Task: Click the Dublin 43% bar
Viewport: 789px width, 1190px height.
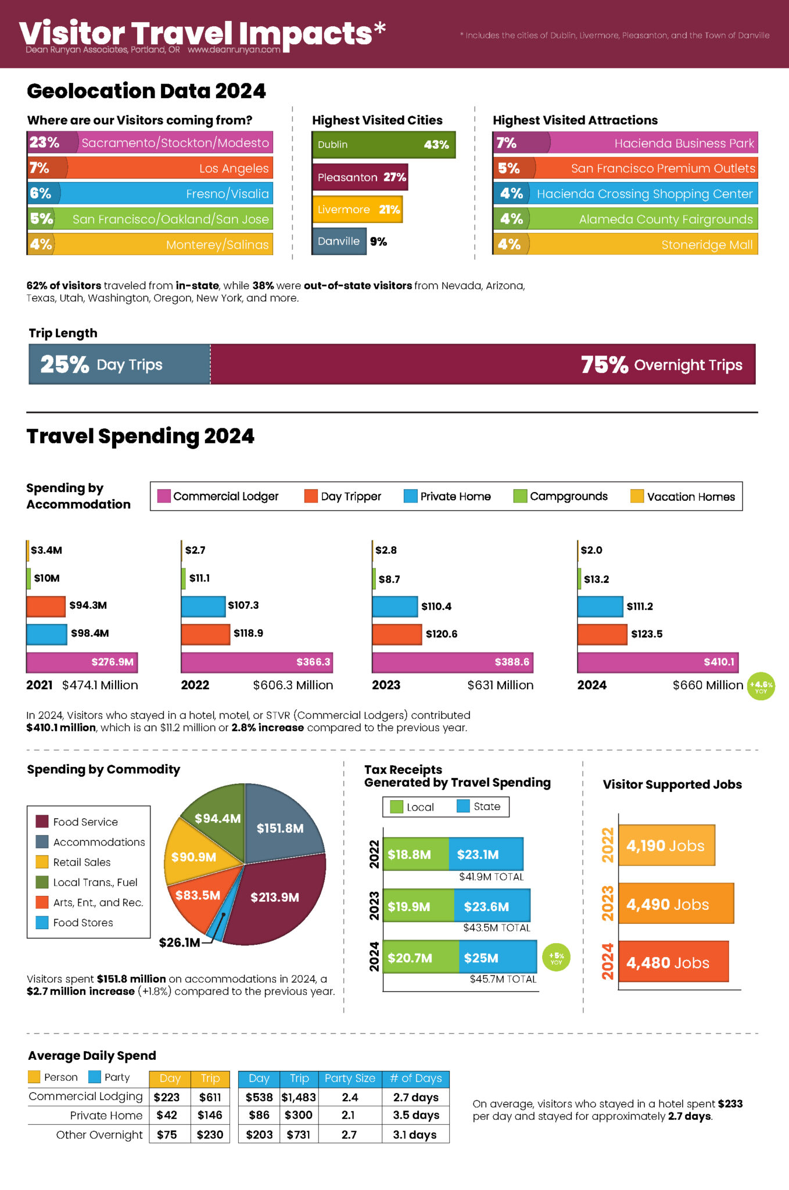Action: (x=383, y=145)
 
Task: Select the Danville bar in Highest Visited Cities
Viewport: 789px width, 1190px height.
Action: (x=339, y=241)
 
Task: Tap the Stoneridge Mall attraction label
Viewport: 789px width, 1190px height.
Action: (x=706, y=245)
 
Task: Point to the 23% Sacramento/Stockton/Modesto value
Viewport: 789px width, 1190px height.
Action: (x=45, y=142)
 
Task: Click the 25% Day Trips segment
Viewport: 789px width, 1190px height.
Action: (x=120, y=364)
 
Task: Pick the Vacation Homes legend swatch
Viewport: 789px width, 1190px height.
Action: (x=637, y=496)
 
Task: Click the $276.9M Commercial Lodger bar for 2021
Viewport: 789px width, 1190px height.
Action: (x=82, y=662)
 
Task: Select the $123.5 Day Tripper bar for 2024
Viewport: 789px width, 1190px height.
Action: (x=602, y=634)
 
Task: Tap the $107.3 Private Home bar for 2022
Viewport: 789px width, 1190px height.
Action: (x=203, y=606)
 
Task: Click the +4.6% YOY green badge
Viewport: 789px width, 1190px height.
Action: (x=761, y=686)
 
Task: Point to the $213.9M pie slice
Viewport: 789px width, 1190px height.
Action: (x=274, y=898)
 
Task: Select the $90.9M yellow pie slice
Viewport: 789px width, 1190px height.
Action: (x=193, y=857)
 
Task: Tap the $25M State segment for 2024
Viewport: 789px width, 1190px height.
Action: (x=497, y=958)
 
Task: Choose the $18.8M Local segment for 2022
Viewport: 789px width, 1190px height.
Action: (x=415, y=854)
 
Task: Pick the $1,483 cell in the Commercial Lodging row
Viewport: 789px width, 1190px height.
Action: (x=299, y=1097)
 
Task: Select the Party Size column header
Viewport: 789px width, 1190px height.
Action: (x=350, y=1078)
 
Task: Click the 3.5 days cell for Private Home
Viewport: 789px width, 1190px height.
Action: (x=415, y=1115)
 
